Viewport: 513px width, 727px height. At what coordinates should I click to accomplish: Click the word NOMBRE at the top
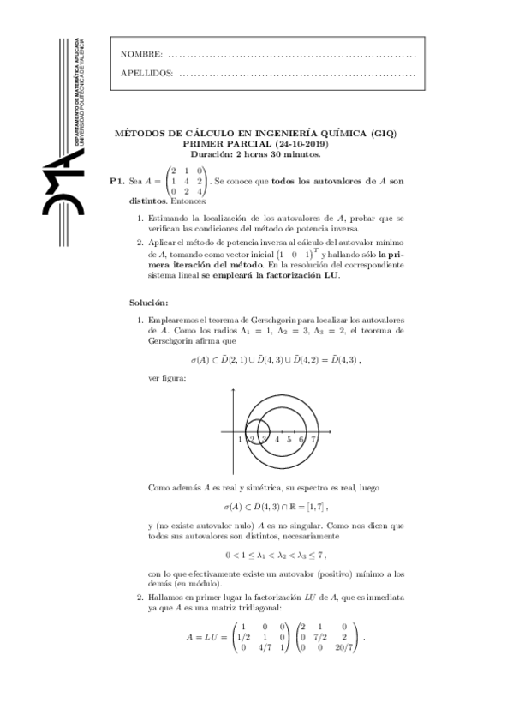click(142, 55)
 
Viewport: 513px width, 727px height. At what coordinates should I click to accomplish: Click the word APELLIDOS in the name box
click(147, 73)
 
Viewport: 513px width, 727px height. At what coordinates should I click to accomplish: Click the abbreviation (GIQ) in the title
click(384, 134)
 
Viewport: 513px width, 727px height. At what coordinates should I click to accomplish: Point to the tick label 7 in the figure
click(313, 439)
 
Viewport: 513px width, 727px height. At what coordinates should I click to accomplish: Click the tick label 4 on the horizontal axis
click(277, 439)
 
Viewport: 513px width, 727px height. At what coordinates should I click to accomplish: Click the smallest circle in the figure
click(247, 426)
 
